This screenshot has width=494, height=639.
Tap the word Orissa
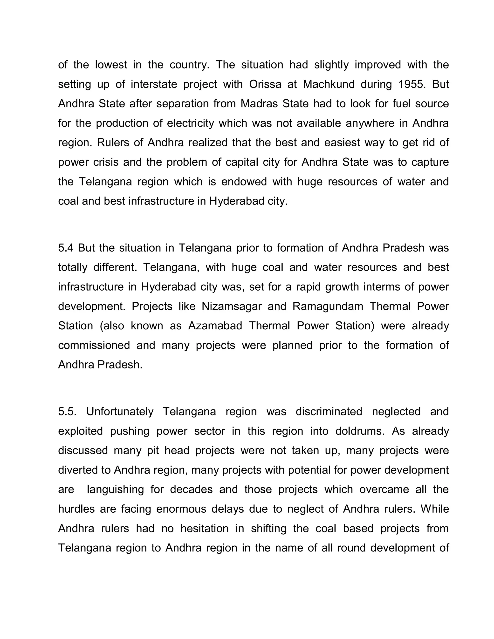[x=265, y=84]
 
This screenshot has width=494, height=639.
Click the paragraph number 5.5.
[x=67, y=411]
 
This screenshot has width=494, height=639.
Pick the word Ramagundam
[x=328, y=306]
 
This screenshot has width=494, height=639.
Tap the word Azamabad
[x=215, y=326]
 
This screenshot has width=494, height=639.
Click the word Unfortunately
[x=120, y=411]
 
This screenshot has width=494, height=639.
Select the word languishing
[x=115, y=489]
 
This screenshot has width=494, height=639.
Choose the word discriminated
[x=329, y=411]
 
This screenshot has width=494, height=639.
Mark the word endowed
[x=244, y=182]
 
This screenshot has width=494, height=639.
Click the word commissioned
[x=94, y=345]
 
